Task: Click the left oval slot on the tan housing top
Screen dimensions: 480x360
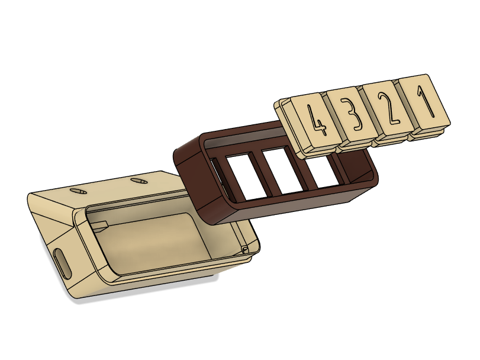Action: point(78,192)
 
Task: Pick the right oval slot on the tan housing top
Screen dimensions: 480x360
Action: point(138,181)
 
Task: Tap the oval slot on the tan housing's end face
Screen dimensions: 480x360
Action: point(62,263)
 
